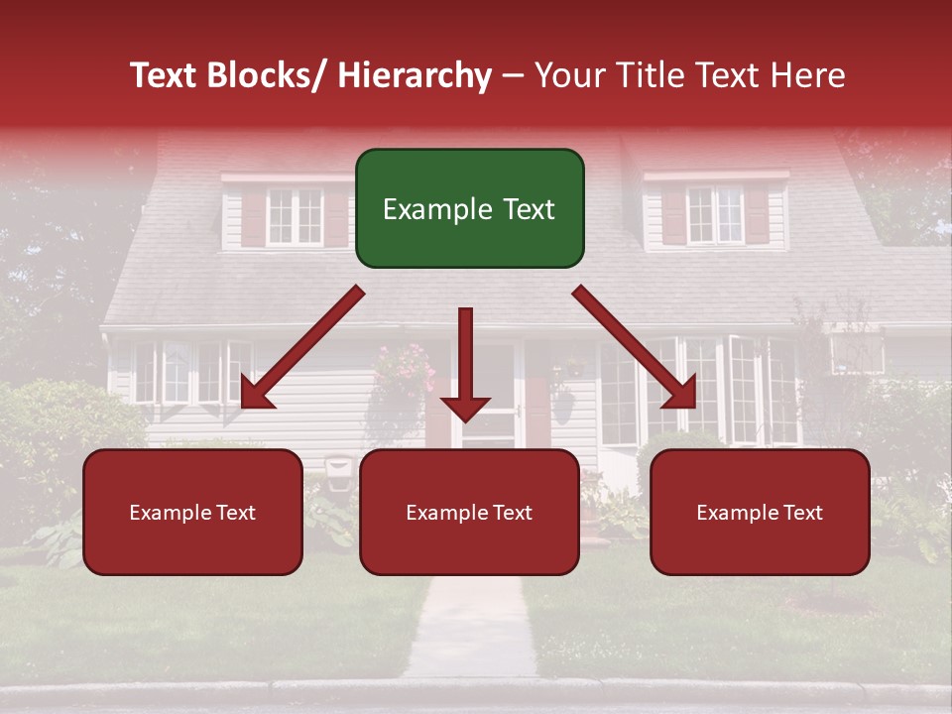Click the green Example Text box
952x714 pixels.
tap(469, 208)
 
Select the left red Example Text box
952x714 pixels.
tap(192, 512)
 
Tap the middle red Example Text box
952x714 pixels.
tap(469, 512)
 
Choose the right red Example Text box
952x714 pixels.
tap(760, 512)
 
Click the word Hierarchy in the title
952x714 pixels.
tap(415, 76)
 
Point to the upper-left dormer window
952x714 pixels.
tap(295, 215)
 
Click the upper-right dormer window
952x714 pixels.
tap(715, 215)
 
